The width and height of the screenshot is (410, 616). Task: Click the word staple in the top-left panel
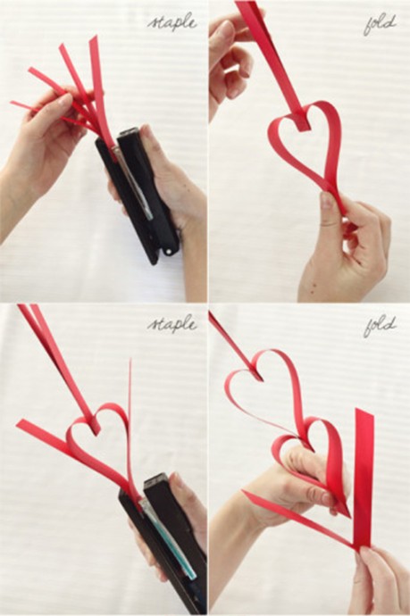tap(172, 22)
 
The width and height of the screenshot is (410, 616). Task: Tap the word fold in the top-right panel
tap(380, 24)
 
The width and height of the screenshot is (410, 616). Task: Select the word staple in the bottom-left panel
tap(172, 324)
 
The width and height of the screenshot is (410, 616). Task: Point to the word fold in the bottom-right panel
tap(380, 326)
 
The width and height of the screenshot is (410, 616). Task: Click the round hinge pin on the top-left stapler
tap(170, 250)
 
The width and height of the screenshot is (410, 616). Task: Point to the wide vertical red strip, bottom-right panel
tap(364, 478)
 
